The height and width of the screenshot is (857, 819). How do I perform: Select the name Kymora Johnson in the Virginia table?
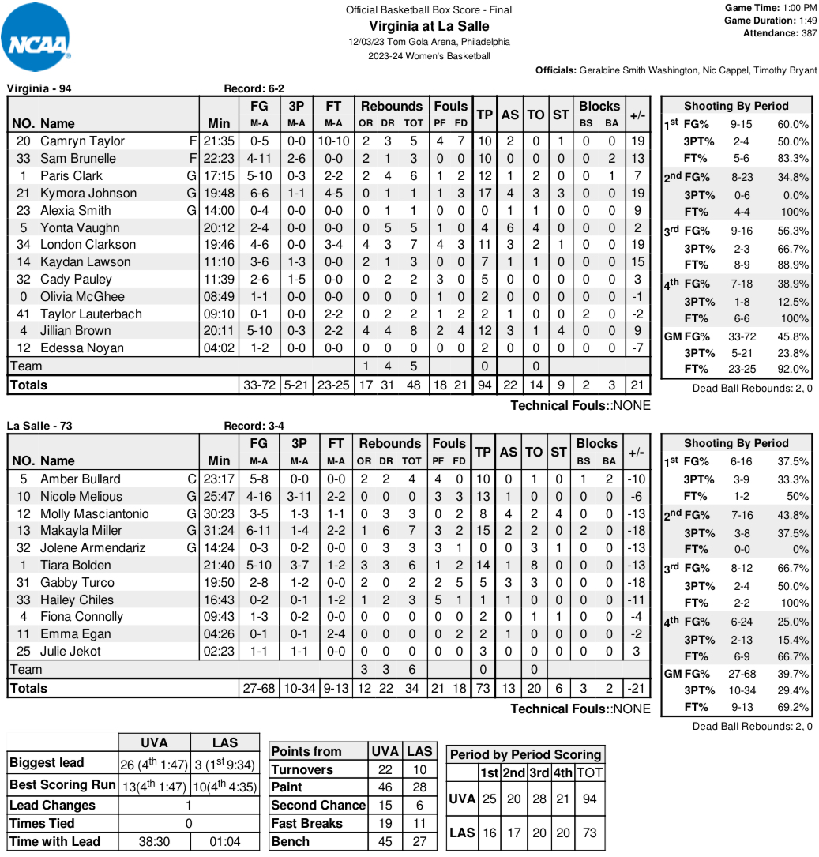(x=88, y=193)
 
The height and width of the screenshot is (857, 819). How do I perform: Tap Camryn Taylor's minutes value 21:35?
(x=219, y=141)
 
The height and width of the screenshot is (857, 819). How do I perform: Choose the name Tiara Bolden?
(x=75, y=565)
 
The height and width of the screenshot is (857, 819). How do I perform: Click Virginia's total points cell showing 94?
(x=484, y=385)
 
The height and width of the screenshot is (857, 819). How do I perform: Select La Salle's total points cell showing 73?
(x=483, y=688)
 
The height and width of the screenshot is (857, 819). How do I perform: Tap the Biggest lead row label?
(x=47, y=763)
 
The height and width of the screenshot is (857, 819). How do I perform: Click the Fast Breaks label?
(x=306, y=823)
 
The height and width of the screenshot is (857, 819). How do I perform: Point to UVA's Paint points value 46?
(x=385, y=787)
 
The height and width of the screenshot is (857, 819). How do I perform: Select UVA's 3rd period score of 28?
(x=540, y=799)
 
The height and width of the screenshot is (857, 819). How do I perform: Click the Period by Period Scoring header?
(x=525, y=754)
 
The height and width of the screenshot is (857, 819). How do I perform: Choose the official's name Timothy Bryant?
(x=787, y=70)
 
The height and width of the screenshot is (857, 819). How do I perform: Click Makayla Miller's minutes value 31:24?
(x=219, y=531)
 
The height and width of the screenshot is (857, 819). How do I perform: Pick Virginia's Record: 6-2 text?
(x=254, y=88)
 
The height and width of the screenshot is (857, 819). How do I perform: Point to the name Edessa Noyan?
(x=82, y=348)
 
